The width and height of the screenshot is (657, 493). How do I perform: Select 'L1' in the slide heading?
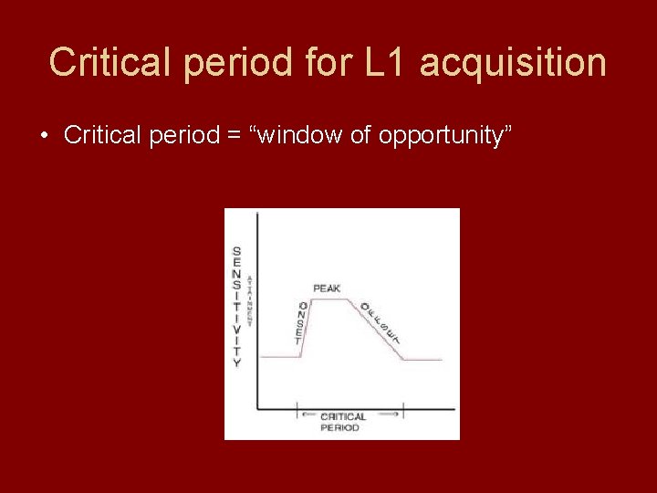coord(381,62)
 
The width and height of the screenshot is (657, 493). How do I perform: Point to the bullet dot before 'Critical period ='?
coord(44,136)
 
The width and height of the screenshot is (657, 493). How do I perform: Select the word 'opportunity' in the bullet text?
coord(445,136)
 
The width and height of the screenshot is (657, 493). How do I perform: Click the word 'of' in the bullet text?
coord(360,136)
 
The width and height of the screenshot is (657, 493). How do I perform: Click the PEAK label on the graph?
coord(327,288)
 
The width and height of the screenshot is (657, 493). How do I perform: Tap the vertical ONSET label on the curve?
coord(302,323)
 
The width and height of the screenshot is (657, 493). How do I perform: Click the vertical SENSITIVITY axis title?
coord(237,307)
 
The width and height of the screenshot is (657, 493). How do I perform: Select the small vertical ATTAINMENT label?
coord(250,299)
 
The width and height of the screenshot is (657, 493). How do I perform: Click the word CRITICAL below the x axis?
coord(343,416)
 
